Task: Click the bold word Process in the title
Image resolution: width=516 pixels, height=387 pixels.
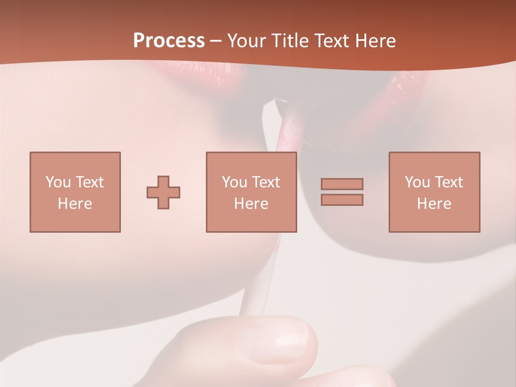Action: (x=169, y=41)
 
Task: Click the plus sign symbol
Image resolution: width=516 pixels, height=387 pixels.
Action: (x=163, y=192)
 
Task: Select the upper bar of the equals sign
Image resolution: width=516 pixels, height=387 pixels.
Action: (x=342, y=184)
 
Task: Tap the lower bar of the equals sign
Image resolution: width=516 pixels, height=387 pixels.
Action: (x=342, y=200)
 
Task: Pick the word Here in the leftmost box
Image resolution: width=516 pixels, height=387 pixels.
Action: (x=75, y=204)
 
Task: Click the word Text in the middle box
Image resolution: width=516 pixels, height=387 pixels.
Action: (x=266, y=182)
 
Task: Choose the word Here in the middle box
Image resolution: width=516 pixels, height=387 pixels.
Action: (x=251, y=204)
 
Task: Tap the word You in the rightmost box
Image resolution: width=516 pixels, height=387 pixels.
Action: (x=417, y=182)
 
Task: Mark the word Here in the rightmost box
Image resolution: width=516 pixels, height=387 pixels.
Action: (x=434, y=204)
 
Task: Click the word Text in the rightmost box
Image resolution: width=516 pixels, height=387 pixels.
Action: (x=448, y=182)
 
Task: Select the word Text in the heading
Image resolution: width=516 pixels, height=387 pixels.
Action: (x=329, y=41)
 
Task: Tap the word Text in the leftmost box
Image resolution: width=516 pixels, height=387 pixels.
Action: (x=89, y=182)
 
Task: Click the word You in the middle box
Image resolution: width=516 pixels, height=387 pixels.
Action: (x=234, y=182)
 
